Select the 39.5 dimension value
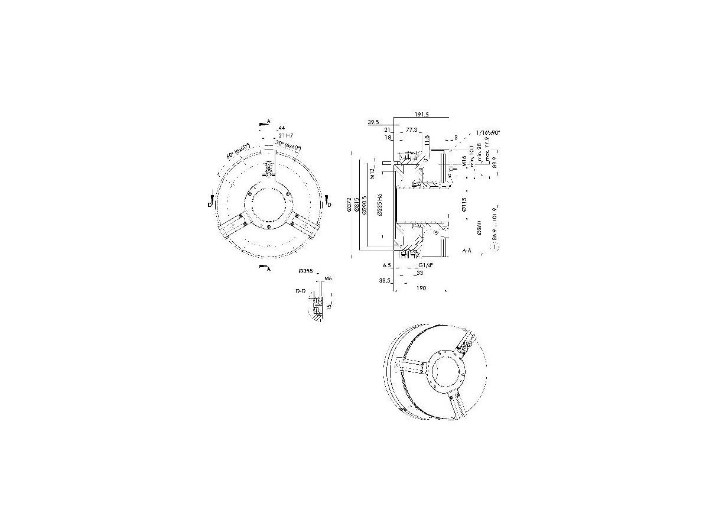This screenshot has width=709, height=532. [373, 122]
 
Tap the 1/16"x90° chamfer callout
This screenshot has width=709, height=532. [488, 133]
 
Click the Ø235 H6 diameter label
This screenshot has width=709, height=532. [379, 206]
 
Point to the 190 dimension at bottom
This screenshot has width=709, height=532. [422, 288]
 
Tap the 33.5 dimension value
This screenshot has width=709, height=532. [385, 281]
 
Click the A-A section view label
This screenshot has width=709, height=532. [467, 251]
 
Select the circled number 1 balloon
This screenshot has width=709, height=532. [496, 247]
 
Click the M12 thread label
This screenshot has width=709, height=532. [373, 173]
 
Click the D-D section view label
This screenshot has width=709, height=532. [301, 291]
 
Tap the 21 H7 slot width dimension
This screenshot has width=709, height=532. [285, 135]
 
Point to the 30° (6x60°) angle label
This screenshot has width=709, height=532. [288, 145]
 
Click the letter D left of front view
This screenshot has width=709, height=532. [209, 205]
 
